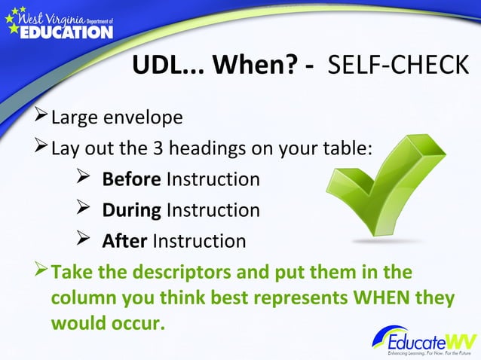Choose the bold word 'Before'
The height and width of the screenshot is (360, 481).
tap(131, 179)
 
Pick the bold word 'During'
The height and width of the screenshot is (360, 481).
tap(131, 210)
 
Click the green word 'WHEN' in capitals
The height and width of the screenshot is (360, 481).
tap(370, 298)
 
